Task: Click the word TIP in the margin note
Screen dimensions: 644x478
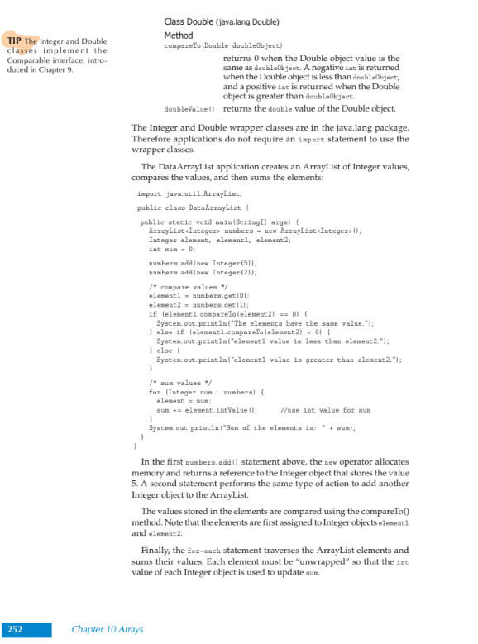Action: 14,41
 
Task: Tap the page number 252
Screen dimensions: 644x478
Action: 16,630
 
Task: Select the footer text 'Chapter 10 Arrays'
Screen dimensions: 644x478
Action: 107,630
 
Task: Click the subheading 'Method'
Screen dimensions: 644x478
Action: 178,36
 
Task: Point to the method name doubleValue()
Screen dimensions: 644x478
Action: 189,108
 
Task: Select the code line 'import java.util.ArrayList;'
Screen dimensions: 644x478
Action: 184,193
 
